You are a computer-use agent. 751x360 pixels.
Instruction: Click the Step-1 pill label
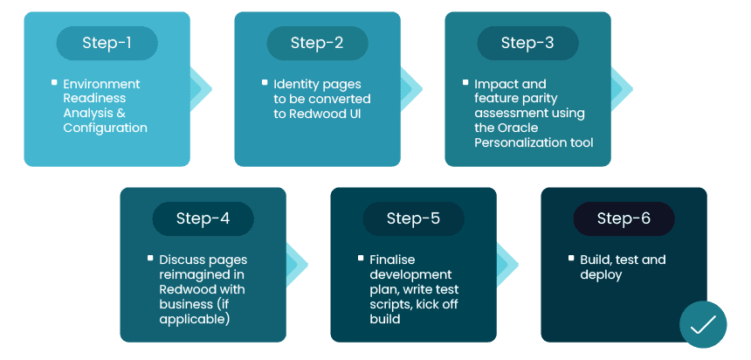pos(107,43)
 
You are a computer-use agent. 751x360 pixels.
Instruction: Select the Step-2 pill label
pos(317,43)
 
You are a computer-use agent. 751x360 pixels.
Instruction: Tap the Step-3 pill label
pos(527,43)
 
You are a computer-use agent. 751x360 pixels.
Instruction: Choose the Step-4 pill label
pos(203,218)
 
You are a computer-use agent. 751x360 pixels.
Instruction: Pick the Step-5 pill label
pos(413,218)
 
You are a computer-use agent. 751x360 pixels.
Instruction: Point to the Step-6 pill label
pos(624,218)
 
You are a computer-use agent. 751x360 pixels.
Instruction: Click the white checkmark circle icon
pos(703,325)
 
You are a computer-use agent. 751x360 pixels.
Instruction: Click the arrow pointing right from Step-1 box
pos(202,88)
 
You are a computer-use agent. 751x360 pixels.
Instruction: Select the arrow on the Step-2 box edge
pos(412,88)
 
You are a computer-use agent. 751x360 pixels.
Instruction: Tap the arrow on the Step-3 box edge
pos(623,88)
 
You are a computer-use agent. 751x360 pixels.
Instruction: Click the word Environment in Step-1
pos(101,84)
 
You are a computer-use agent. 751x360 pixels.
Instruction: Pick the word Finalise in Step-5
pos(393,260)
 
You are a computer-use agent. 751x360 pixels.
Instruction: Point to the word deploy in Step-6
pos(601,274)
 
